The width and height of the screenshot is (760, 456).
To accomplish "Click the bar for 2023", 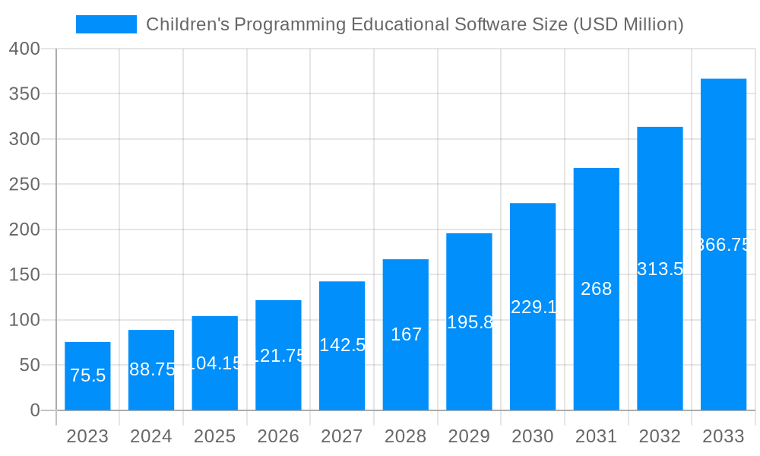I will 87,376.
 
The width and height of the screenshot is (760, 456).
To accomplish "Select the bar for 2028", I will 405,334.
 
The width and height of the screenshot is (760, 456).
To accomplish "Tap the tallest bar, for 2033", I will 723,244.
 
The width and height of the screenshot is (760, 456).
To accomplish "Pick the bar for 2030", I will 532,306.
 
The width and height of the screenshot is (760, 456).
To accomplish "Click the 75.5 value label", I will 87,375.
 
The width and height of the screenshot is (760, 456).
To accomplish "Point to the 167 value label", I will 406,334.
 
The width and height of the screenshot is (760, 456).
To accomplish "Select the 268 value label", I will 596,289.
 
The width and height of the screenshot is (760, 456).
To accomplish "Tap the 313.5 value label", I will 660,269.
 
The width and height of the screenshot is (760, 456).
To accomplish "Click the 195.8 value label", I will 470,322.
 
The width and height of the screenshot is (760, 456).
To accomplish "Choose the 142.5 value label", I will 342,345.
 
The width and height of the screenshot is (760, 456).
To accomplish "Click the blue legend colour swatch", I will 106,24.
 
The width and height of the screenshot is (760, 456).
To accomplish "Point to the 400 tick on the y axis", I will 24,49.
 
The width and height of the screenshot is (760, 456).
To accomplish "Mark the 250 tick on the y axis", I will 24,184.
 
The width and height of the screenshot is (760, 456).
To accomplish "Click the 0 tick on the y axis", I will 34,410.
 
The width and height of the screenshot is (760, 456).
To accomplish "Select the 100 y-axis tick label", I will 24,320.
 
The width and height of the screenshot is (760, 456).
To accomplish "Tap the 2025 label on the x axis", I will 214,437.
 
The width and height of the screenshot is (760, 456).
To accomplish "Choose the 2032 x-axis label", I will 660,437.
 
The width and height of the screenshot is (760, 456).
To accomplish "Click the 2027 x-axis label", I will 342,437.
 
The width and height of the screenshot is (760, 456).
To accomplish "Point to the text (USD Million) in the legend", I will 628,25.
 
